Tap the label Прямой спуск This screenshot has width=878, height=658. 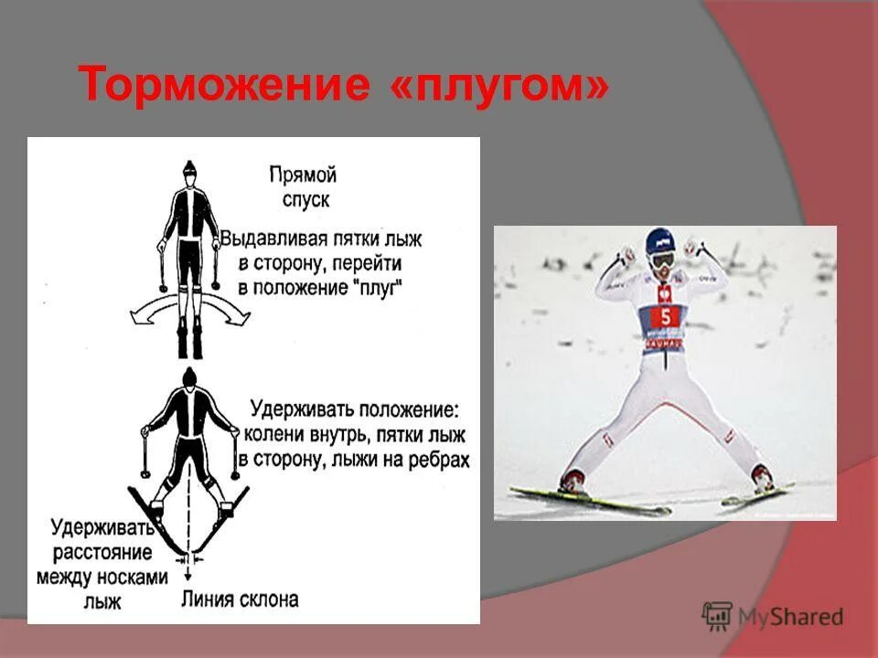303,186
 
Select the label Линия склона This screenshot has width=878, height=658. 240,600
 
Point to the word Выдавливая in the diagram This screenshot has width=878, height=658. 267,239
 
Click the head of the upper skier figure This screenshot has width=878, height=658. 188,171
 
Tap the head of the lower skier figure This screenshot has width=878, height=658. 189,377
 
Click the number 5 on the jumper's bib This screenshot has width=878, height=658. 665,316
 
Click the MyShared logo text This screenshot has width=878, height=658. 792,617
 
